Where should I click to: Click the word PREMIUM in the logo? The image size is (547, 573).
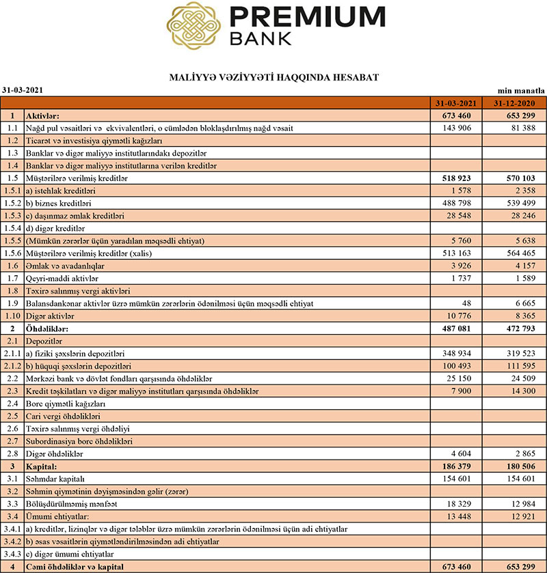[x=308, y=17]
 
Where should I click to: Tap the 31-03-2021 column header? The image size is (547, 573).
[x=455, y=103]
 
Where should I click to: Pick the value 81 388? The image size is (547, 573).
[x=522, y=128]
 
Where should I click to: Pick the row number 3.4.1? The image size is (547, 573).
[x=12, y=529]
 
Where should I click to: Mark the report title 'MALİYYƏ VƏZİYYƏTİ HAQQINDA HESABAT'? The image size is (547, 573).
[x=273, y=78]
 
